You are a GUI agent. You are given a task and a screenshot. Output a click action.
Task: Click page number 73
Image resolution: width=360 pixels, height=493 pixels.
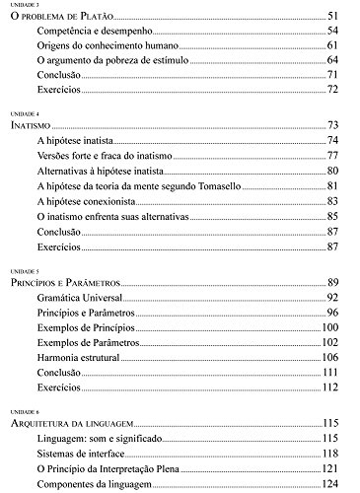click(332, 127)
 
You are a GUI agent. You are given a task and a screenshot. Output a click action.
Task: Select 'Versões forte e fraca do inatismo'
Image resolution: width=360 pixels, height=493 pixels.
click(106, 157)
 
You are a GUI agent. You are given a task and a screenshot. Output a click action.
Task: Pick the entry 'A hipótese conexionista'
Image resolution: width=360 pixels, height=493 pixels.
click(86, 201)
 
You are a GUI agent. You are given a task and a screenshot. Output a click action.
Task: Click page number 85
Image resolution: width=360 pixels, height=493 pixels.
click(332, 216)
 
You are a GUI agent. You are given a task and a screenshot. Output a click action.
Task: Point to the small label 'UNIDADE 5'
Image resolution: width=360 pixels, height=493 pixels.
click(21, 269)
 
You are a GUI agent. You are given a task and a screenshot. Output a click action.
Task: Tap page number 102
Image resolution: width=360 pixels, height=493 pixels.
click(329, 341)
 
